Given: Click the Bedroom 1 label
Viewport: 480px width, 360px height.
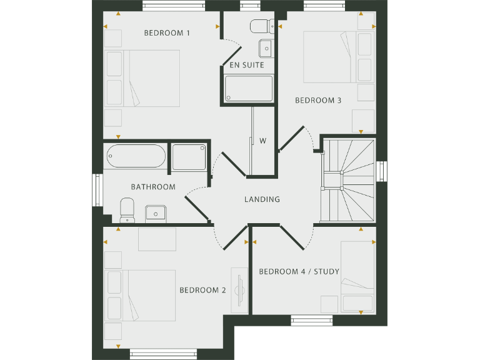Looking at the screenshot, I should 167,33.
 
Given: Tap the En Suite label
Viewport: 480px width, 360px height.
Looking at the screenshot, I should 246,65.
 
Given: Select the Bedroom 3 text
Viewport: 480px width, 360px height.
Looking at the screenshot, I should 318,100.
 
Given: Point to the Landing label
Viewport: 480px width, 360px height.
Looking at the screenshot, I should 262,200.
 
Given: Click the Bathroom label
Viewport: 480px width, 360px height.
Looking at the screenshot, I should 153,187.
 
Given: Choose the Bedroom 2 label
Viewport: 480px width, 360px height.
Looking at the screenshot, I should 202,290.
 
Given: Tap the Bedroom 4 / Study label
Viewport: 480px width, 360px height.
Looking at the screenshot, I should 299,271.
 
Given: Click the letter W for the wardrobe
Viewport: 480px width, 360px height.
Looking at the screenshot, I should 263,141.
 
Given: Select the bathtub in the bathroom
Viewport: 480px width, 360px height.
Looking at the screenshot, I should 136,156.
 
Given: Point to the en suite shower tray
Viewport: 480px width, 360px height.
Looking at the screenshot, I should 249,88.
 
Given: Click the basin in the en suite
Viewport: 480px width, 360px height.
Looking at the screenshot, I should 266,47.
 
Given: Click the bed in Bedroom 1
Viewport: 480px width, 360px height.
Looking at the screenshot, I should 143,78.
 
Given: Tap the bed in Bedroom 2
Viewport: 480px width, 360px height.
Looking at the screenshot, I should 140,295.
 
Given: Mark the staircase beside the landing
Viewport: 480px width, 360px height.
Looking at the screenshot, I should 348,179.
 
